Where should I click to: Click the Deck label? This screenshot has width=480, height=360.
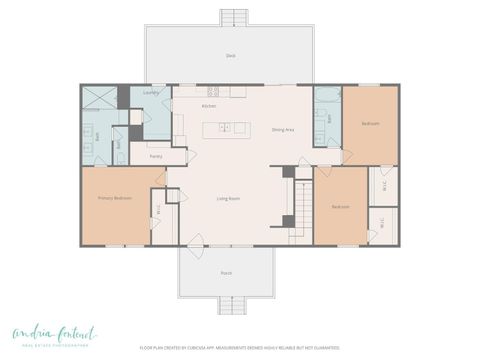coord(230,55)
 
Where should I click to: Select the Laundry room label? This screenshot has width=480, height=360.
coord(151,93)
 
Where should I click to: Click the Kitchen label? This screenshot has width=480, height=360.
coord(209,105)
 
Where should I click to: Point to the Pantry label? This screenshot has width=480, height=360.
coord(156,156)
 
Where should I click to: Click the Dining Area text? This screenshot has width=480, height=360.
coord(283,129)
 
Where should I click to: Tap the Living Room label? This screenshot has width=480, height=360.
coord(228,198)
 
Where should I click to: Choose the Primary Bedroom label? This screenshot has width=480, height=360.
coord(115,198)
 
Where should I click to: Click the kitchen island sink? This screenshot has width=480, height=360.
coord(226,127)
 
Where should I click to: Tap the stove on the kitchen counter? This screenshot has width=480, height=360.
coord(240,92)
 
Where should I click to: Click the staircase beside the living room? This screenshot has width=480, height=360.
coord(299,205)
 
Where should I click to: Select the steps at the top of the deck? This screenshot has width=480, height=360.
coord(234,17)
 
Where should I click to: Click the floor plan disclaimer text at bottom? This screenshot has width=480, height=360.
coord(239,348)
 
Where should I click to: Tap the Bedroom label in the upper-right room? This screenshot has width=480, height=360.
coord(370,123)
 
